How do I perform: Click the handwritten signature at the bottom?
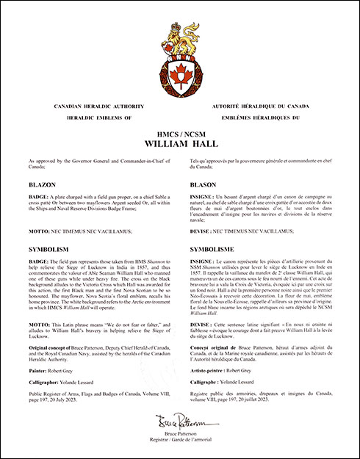pyautogui.click(x=180, y=423)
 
